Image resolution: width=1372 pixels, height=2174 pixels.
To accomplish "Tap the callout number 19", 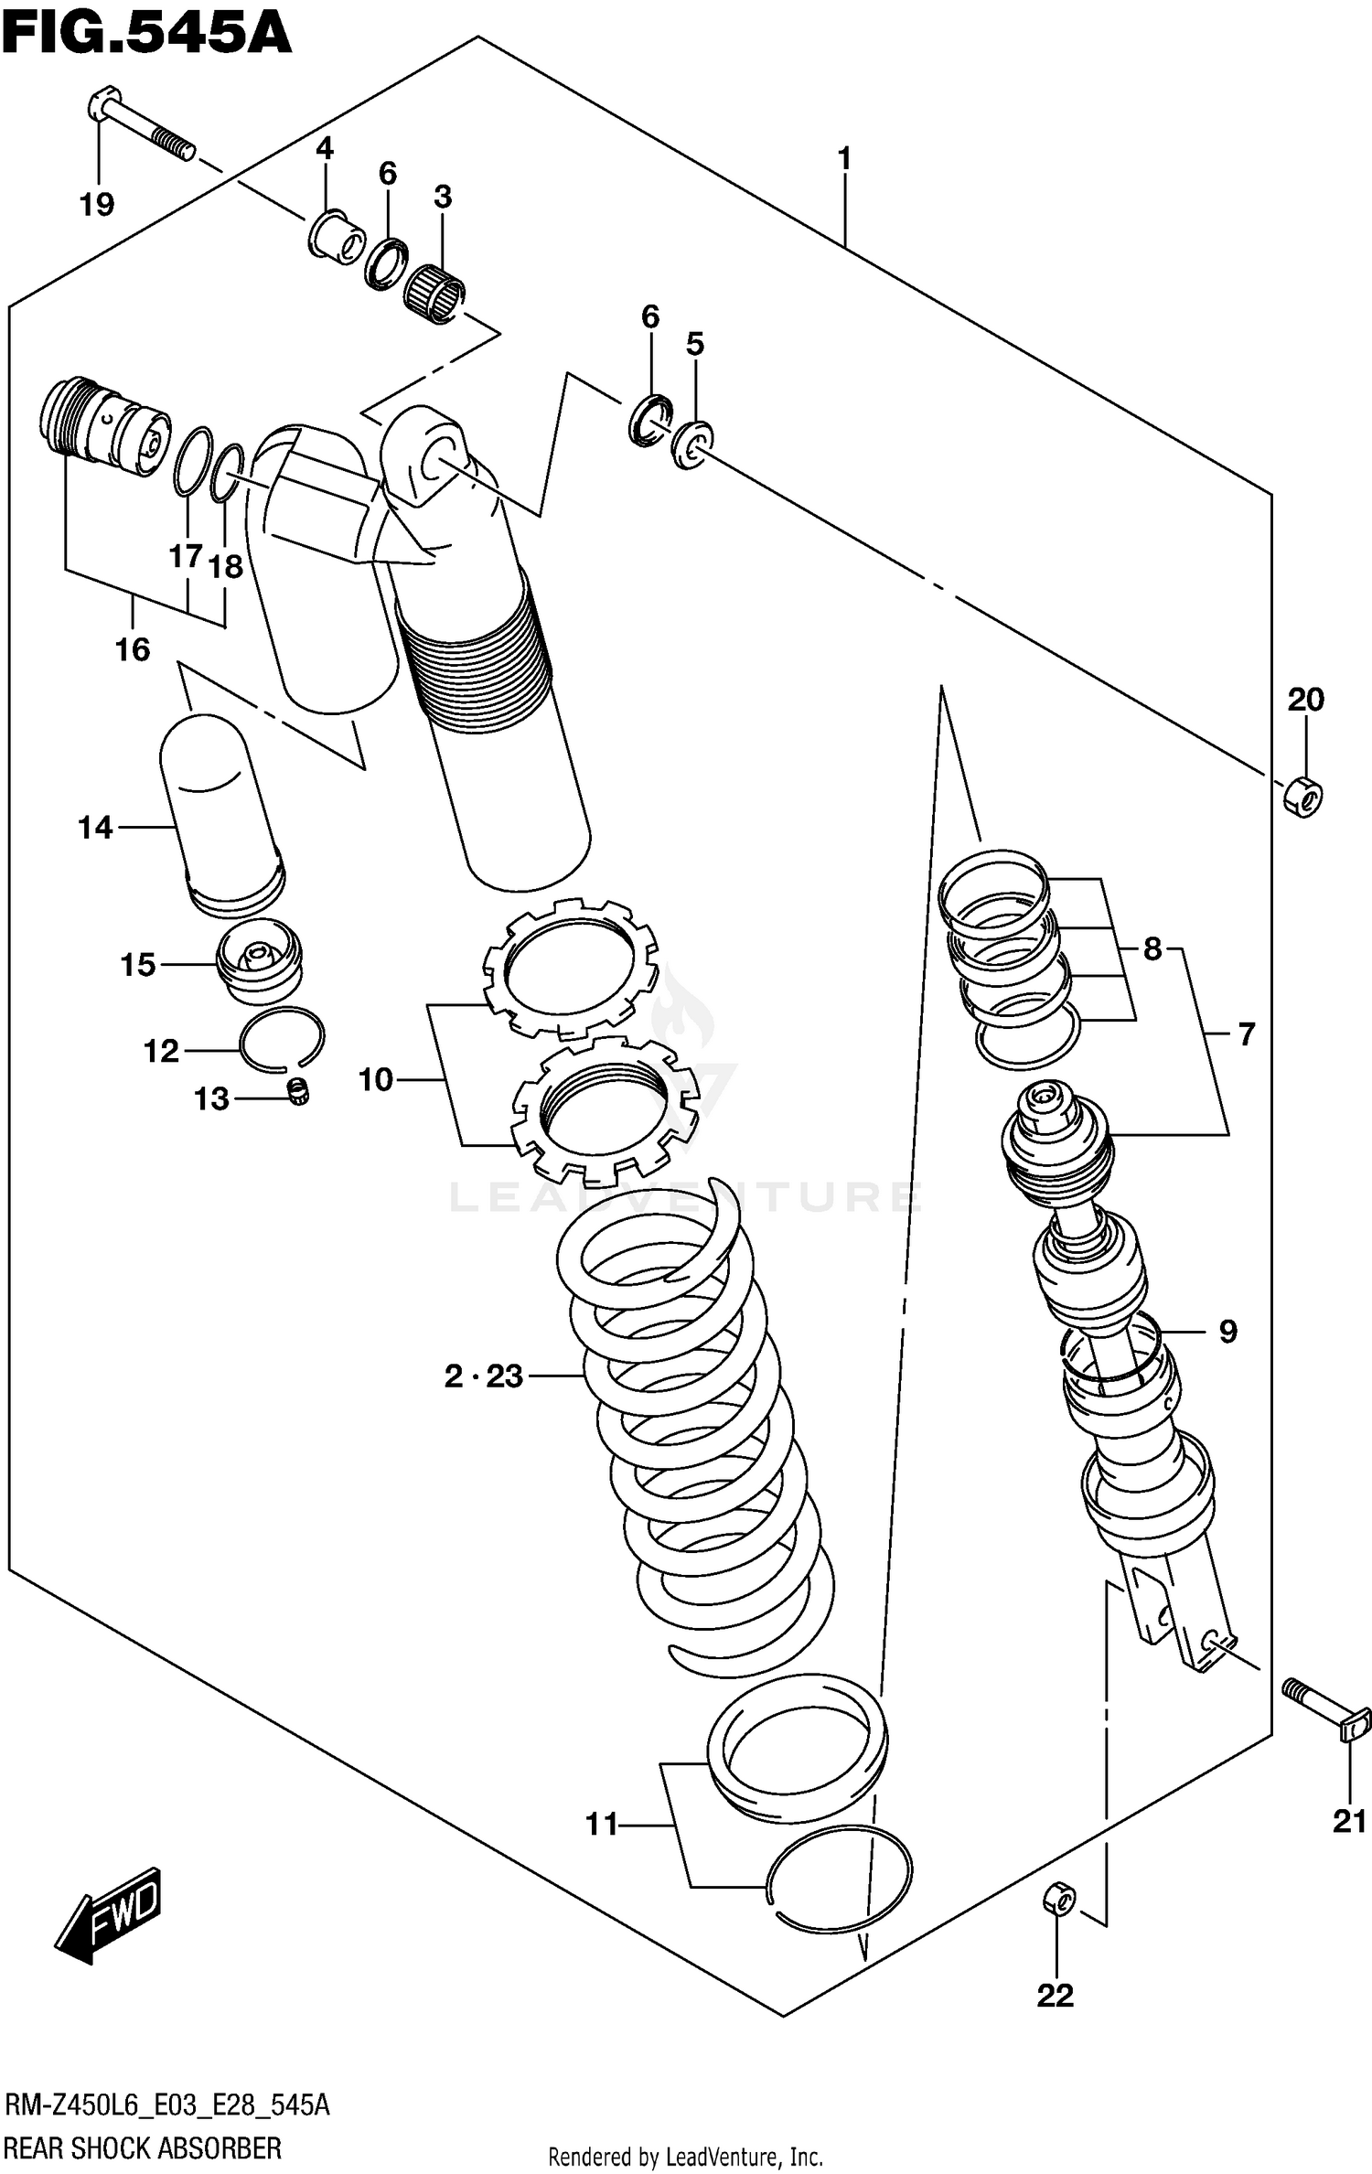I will pyautogui.click(x=97, y=204).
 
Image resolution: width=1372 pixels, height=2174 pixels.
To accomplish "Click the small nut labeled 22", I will pyautogui.click(x=1058, y=1900).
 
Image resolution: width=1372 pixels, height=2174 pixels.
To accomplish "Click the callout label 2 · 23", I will pyautogui.click(x=483, y=1376).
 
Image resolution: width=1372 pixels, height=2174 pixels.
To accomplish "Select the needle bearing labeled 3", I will pyautogui.click(x=434, y=292).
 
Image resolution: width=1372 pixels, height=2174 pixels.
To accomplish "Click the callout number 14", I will pyautogui.click(x=95, y=828).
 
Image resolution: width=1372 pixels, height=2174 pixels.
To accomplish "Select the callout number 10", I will pyautogui.click(x=375, y=1080).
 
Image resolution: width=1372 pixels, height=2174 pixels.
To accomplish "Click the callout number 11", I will pyautogui.click(x=602, y=1825).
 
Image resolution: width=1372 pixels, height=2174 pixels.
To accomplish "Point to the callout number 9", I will pyautogui.click(x=1227, y=1332).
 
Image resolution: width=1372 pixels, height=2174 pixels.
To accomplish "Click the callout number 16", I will pyautogui.click(x=133, y=649).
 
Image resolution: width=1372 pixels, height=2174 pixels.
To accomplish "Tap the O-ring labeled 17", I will pyautogui.click(x=193, y=461).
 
